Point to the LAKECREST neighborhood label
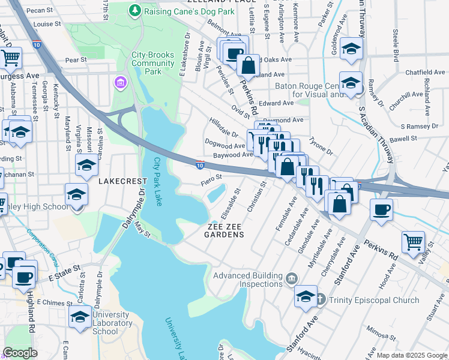pyautogui.click(x=122, y=180)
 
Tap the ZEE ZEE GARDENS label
pyautogui.click(x=226, y=230)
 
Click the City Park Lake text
pyautogui.click(x=158, y=182)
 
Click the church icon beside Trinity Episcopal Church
pyautogui.click(x=321, y=299)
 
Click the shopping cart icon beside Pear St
pyautogui.click(x=11, y=58)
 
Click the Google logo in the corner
pyautogui.click(x=20, y=353)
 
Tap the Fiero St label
pyautogui.click(x=211, y=178)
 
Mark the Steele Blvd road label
pyautogui.click(x=396, y=44)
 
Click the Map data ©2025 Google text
pyautogui.click(x=411, y=355)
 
